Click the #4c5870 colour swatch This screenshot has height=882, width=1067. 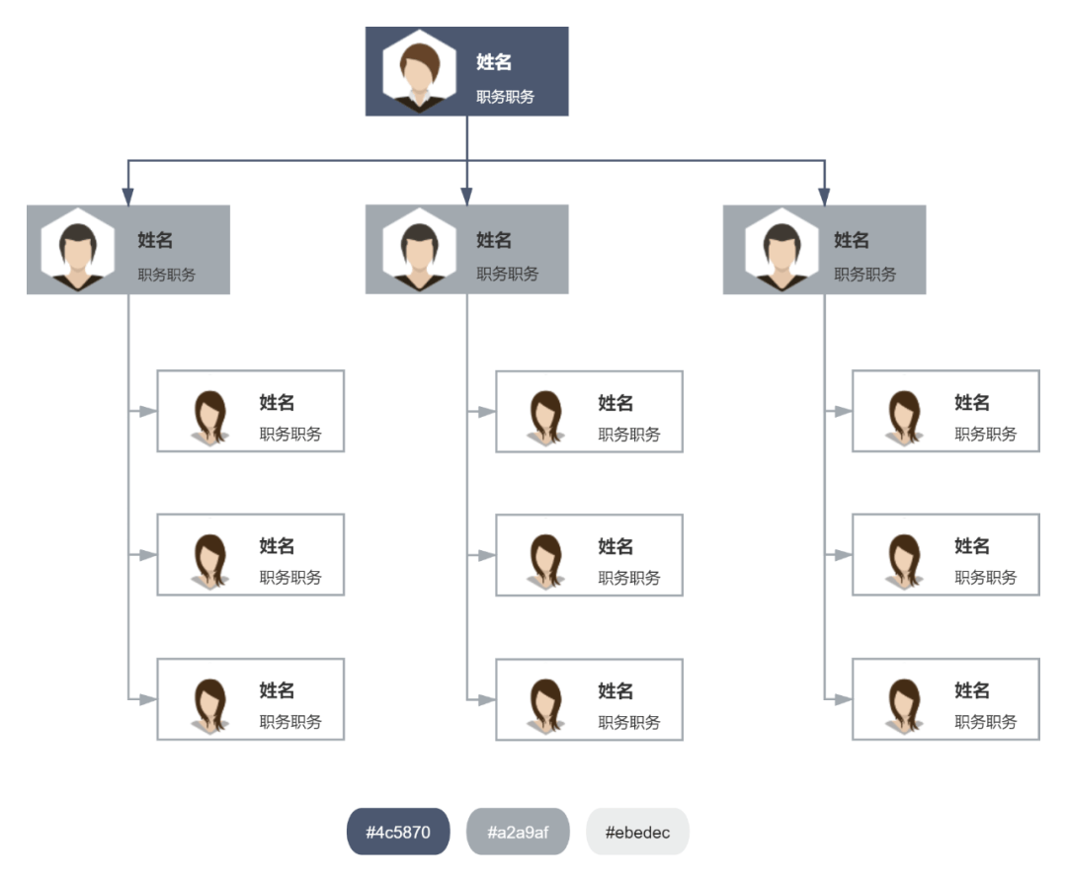[x=398, y=832]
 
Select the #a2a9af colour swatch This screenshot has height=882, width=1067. [x=518, y=832]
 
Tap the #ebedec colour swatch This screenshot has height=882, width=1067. [x=637, y=832]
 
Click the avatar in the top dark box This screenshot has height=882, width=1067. [x=420, y=72]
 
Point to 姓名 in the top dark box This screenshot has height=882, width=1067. [x=494, y=62]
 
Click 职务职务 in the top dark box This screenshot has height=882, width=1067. [x=505, y=97]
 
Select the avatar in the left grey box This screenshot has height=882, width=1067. [x=77, y=250]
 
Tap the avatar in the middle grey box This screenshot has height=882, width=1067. [x=420, y=250]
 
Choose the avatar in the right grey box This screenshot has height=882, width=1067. [x=781, y=250]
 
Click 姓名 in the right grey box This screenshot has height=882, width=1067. [x=852, y=240]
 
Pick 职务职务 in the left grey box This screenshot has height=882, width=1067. [x=166, y=275]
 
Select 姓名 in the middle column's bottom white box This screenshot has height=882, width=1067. [x=616, y=690]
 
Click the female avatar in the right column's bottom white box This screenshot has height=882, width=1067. [x=903, y=704]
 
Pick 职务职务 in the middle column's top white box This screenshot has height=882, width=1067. [x=628, y=435]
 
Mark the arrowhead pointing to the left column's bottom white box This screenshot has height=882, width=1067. [x=147, y=699]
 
